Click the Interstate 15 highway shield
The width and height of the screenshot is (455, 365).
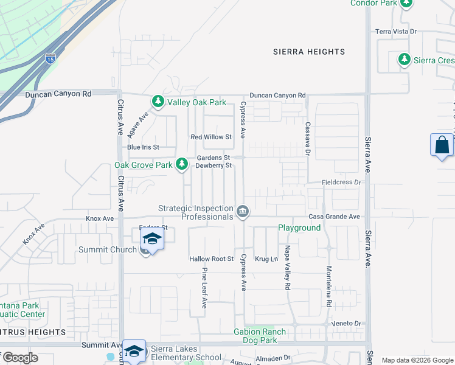(50, 59)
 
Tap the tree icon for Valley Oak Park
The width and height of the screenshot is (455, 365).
(158, 101)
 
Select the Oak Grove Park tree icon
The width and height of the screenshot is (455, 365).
(181, 164)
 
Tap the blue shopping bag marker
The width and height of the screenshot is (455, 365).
(442, 145)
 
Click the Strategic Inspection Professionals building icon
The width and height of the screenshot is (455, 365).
(243, 211)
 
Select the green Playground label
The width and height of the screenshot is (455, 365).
(299, 228)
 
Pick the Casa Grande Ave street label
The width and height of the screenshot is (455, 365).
(334, 217)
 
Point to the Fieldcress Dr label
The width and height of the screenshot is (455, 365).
(341, 182)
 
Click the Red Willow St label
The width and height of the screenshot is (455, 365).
(211, 137)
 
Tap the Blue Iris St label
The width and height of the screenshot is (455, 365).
(143, 147)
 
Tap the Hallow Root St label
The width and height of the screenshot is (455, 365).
(211, 259)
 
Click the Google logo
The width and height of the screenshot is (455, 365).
(19, 357)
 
